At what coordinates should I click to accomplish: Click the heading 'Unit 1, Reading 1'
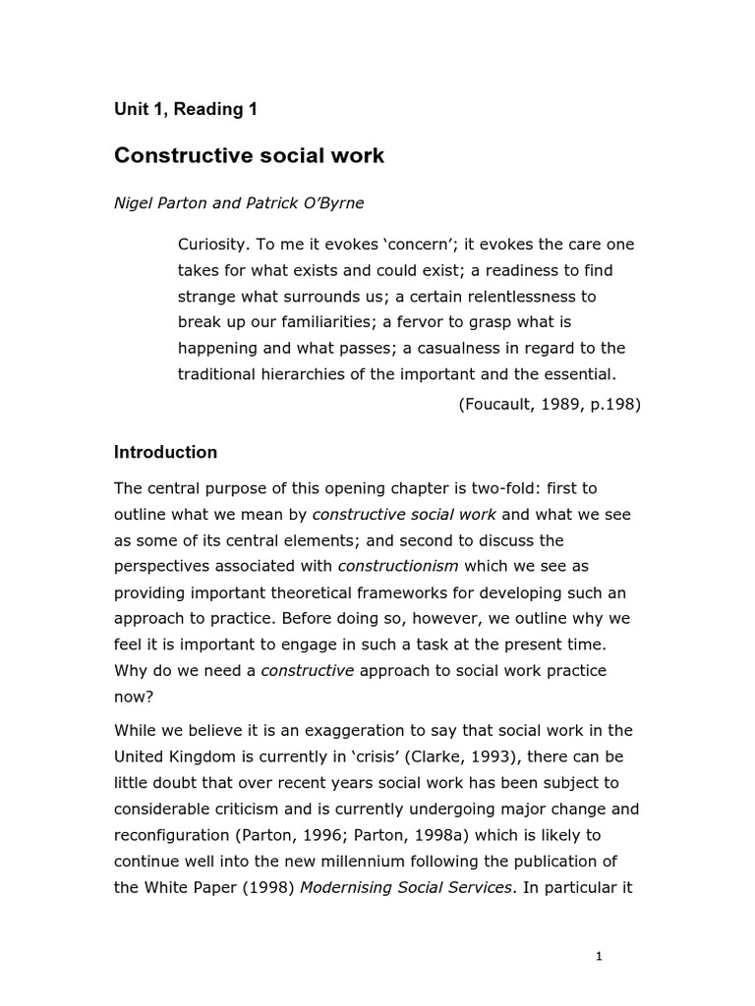click(x=186, y=110)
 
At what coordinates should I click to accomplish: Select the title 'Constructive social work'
click(x=250, y=155)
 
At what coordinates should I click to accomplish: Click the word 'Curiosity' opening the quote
click(x=213, y=244)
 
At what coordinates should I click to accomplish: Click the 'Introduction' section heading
click(x=165, y=453)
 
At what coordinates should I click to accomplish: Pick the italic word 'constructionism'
click(x=398, y=566)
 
